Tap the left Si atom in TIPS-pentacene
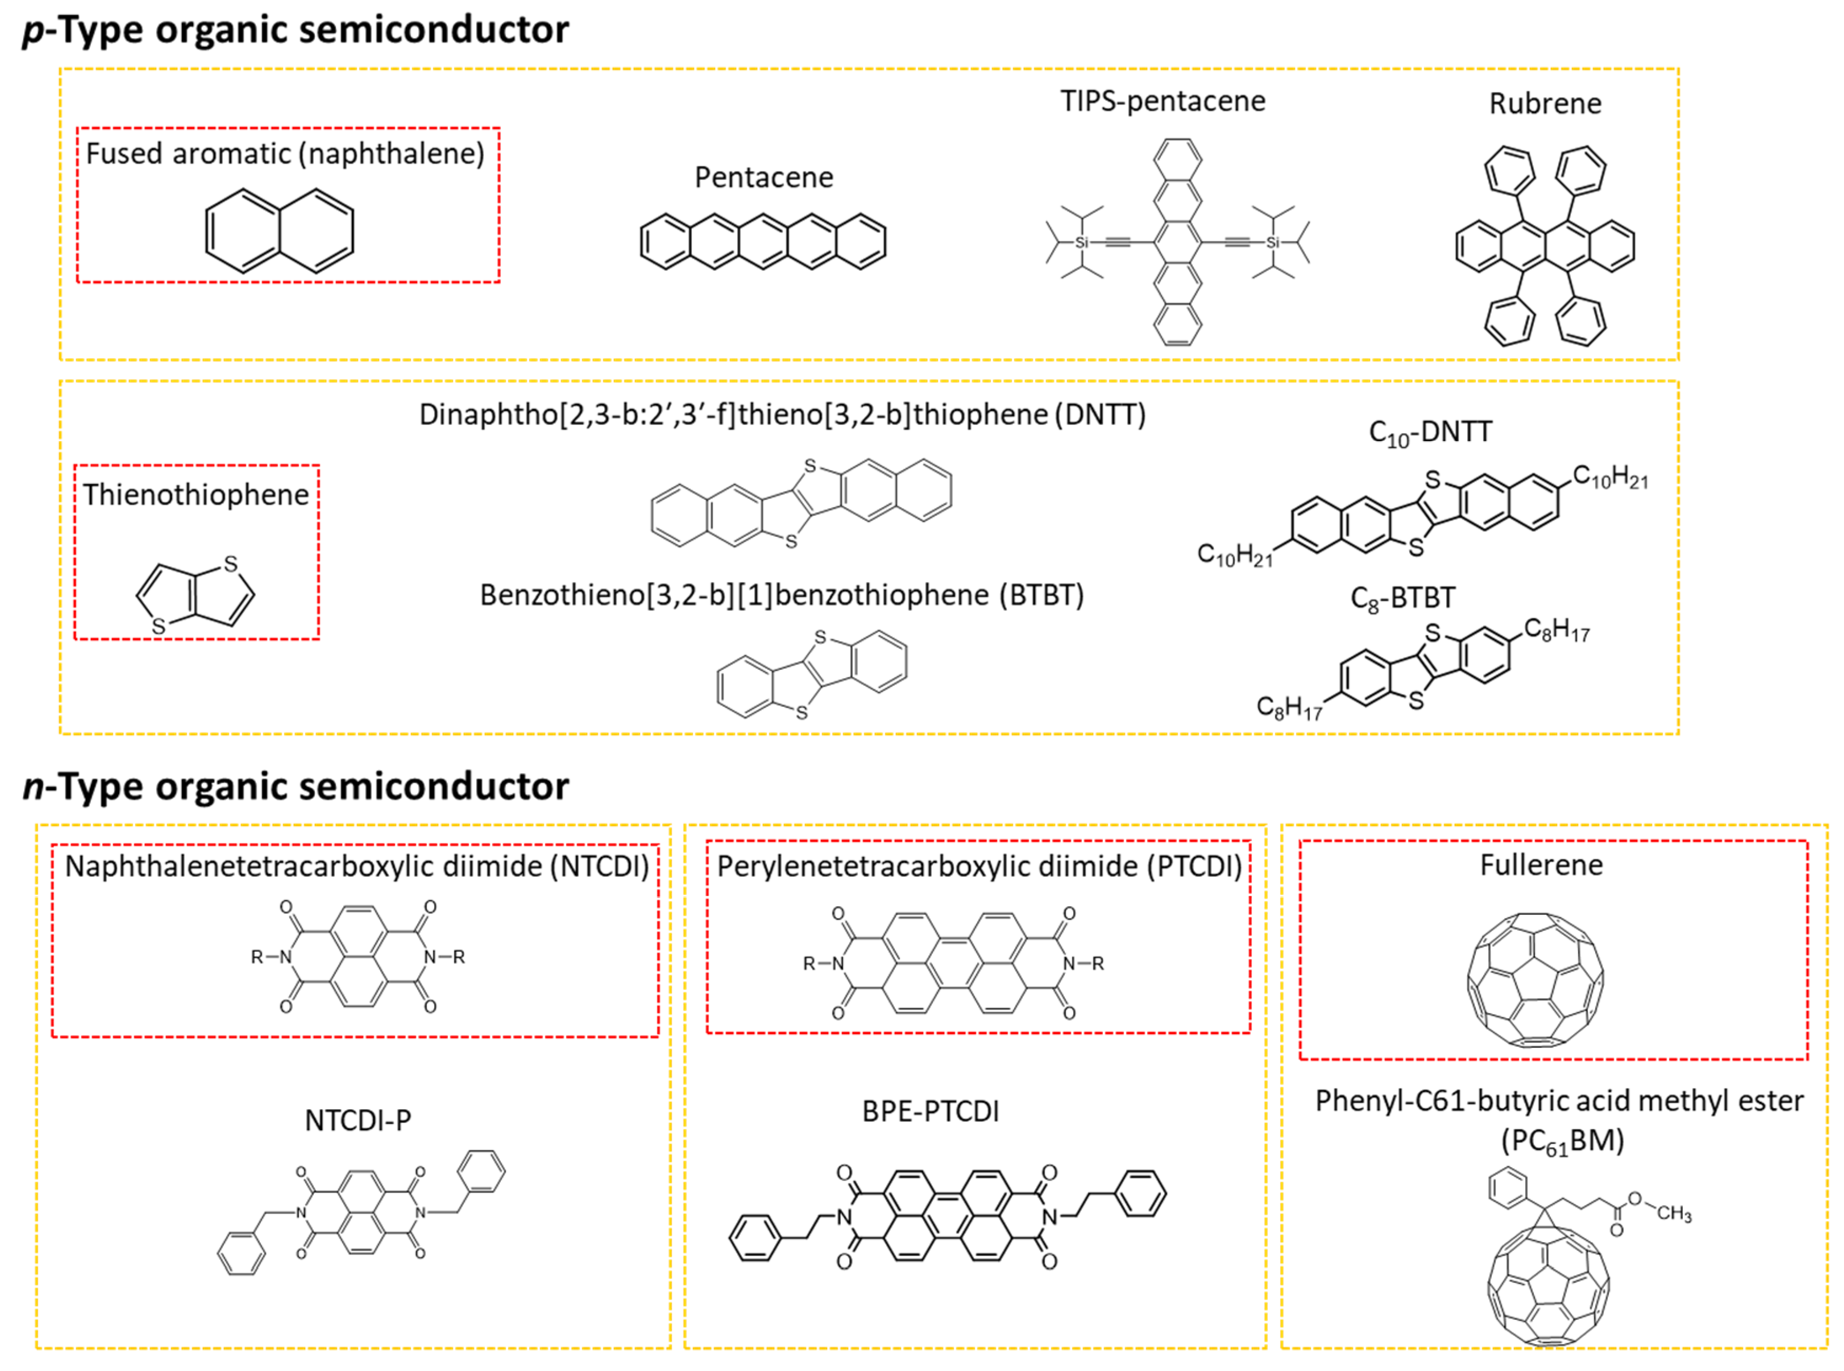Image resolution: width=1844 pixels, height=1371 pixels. click(x=1081, y=242)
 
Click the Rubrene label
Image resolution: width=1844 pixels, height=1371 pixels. click(x=1545, y=104)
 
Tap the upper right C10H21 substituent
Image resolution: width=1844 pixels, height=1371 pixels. click(x=1609, y=477)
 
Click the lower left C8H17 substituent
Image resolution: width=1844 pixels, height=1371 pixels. click(x=1288, y=707)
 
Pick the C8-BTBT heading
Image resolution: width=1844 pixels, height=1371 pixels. click(x=1402, y=598)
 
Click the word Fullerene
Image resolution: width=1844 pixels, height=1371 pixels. click(x=1541, y=865)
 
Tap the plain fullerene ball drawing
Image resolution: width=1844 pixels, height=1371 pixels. click(x=1534, y=979)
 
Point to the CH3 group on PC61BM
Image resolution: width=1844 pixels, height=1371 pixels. click(x=1674, y=1213)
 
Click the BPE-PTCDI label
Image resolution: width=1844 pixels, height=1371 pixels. click(x=930, y=1111)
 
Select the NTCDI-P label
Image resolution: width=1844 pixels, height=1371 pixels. click(x=358, y=1120)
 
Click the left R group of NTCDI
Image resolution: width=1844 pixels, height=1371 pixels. click(x=257, y=957)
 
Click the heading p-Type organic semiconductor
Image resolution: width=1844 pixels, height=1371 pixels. click(x=296, y=30)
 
